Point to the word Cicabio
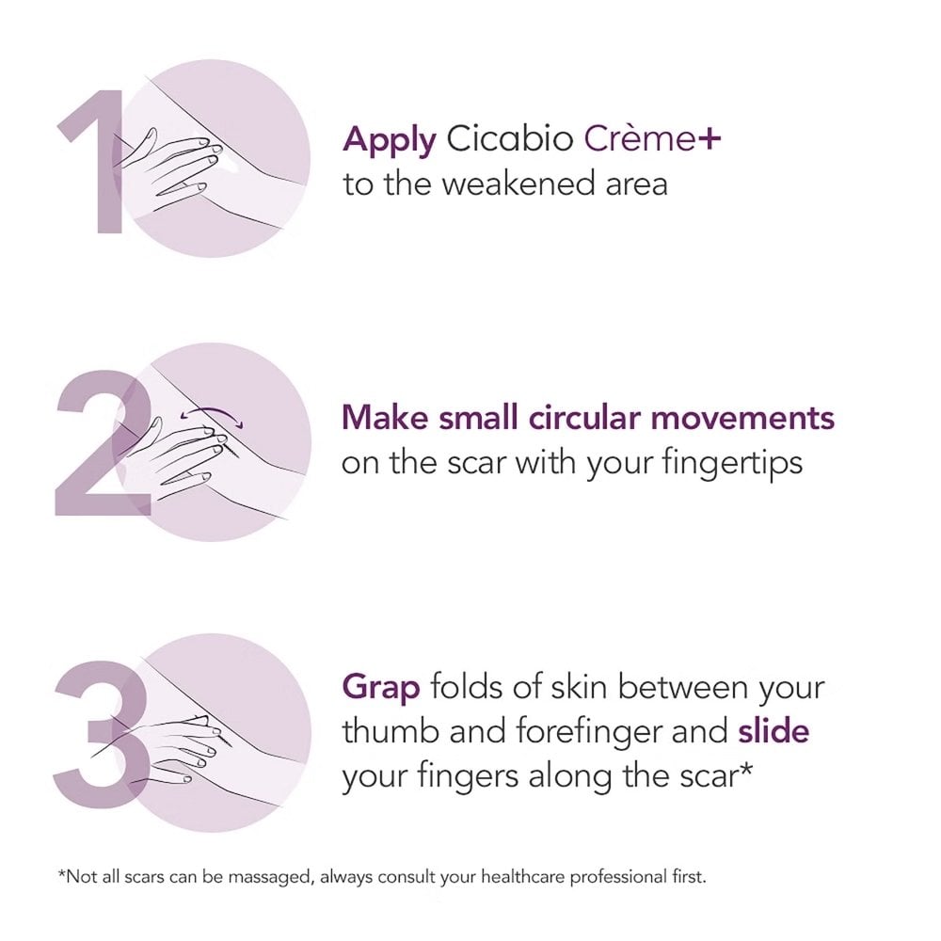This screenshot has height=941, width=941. [x=509, y=138]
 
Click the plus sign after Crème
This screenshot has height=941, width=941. [x=709, y=138]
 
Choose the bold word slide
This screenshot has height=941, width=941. [x=774, y=730]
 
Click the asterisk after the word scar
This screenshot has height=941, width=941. [x=744, y=768]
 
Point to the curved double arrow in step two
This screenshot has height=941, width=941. [x=212, y=411]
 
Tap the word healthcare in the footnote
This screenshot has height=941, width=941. [x=522, y=877]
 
